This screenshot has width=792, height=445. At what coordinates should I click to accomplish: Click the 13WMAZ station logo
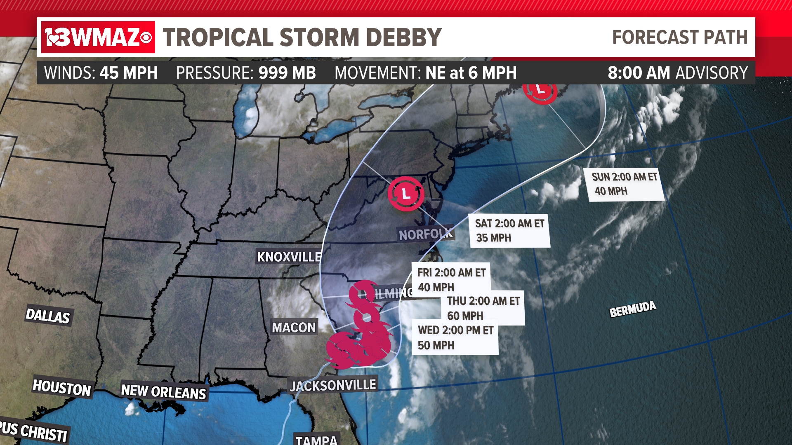(x=98, y=37)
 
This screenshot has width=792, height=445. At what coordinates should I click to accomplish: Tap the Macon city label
(x=294, y=328)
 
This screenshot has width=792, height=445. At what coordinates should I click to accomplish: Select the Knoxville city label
(x=289, y=257)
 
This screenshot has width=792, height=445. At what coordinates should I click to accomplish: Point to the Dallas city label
(x=48, y=316)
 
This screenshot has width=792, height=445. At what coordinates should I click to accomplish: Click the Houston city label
(x=62, y=388)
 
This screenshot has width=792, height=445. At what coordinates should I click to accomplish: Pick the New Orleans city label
(x=163, y=391)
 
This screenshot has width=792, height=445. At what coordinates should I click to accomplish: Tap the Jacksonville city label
(x=333, y=385)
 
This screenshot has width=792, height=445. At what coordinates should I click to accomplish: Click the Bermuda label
(x=633, y=309)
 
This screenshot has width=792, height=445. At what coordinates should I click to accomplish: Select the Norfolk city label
(x=425, y=234)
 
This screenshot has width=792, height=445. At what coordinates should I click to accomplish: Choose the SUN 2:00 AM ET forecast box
(x=624, y=184)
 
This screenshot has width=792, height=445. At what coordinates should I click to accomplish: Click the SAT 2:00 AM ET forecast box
(x=509, y=230)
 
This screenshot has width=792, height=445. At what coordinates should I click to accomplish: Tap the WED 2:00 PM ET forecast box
(x=455, y=337)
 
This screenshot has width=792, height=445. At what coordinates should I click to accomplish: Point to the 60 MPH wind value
(x=465, y=316)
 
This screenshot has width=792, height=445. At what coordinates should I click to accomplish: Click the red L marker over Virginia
(x=406, y=194)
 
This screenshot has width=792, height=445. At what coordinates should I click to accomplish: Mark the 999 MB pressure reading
(x=287, y=73)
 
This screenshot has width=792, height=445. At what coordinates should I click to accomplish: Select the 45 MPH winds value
(x=129, y=73)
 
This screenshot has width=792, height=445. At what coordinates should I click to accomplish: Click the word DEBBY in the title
(x=403, y=37)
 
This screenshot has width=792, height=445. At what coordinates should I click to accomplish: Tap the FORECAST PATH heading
(x=680, y=37)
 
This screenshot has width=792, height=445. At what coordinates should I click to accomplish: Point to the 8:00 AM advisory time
(x=639, y=73)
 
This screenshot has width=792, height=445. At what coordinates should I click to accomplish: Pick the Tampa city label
(x=317, y=440)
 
